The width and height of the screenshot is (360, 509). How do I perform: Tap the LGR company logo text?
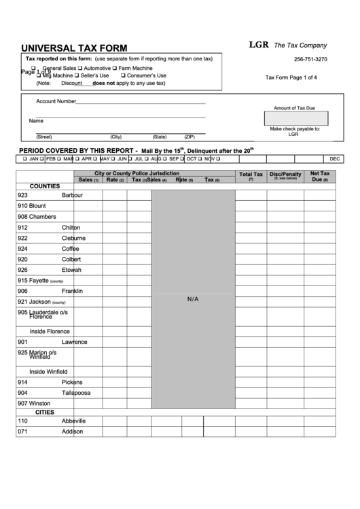pos(258,45)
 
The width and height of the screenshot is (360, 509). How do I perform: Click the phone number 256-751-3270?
pos(310,60)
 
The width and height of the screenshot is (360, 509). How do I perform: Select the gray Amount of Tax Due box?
pos(294,118)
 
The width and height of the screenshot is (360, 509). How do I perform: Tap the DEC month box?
pos(335,158)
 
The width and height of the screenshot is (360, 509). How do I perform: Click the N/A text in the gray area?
pos(193,299)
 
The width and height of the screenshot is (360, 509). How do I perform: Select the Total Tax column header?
pos(251,177)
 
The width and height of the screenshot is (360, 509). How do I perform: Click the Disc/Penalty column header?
pos(285,176)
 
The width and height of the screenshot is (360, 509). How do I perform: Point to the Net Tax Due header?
pos(319,177)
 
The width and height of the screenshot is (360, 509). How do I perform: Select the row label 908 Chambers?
pos(37,217)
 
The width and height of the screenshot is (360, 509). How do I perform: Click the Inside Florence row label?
pos(50,331)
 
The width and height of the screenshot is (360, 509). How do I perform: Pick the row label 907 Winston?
pos(34,403)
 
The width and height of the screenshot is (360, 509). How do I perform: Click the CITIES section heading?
pos(45,412)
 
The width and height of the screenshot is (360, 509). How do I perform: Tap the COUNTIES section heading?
pos(45,186)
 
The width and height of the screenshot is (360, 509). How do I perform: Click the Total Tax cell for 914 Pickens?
pos(251,382)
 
